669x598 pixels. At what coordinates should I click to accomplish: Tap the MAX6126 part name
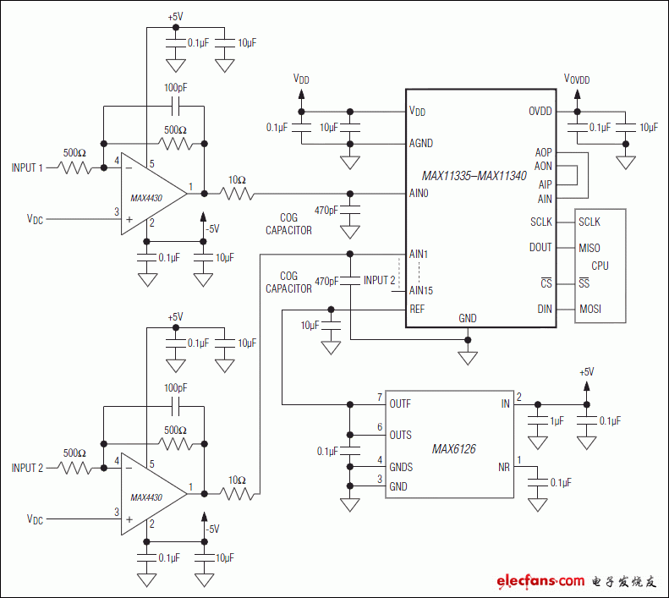pyautogui.click(x=452, y=449)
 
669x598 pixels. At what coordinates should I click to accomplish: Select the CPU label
pyautogui.click(x=600, y=266)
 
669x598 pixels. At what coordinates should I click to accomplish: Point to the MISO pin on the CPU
pyautogui.click(x=589, y=248)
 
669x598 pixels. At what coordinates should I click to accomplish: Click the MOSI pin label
pyautogui.click(x=590, y=310)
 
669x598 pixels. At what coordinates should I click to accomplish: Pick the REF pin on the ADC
pyautogui.click(x=417, y=310)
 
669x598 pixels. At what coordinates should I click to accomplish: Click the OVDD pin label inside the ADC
pyautogui.click(x=540, y=112)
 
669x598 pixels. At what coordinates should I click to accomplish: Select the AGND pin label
pyautogui.click(x=421, y=143)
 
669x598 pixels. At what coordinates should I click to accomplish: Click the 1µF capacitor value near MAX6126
pyautogui.click(x=557, y=420)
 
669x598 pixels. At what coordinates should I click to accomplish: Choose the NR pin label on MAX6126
pyautogui.click(x=504, y=467)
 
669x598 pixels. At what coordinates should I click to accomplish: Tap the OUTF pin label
pyautogui.click(x=400, y=404)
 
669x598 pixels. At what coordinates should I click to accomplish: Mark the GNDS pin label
pyautogui.click(x=401, y=468)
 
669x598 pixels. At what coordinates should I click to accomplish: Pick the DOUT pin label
pyautogui.click(x=540, y=248)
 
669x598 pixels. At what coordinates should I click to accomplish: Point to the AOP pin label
pyautogui.click(x=543, y=153)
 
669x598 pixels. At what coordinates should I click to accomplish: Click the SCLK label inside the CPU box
pyautogui.click(x=589, y=222)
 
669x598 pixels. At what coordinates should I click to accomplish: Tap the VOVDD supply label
pyautogui.click(x=577, y=79)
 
